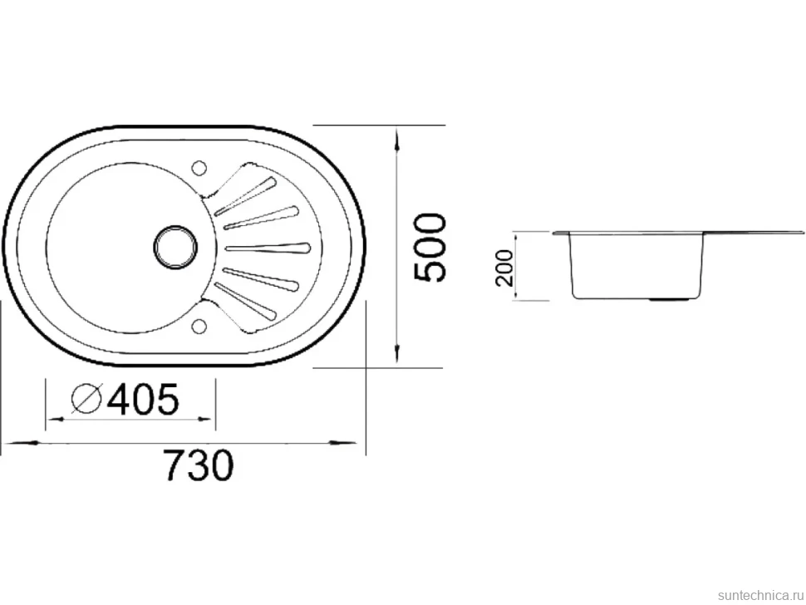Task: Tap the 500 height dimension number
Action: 430,248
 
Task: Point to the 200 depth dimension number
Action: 504,267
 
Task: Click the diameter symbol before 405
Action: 86,399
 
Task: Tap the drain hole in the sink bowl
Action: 175,247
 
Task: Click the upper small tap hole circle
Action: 199,168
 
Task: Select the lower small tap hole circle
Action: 199,326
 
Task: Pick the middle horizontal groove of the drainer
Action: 268,248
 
